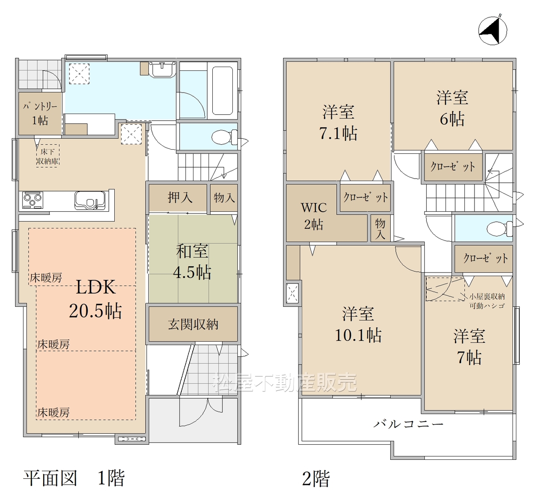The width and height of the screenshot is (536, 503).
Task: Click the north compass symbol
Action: [x=492, y=30]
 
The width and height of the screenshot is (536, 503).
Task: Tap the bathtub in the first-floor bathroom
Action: [x=222, y=91]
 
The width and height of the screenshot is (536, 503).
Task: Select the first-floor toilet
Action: [x=224, y=137]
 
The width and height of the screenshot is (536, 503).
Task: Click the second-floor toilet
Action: [x=500, y=229]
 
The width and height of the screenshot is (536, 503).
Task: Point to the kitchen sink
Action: [x=90, y=200]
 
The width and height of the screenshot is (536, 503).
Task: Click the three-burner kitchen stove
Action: [x=33, y=200]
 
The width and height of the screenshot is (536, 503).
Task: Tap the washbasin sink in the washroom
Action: [x=162, y=70]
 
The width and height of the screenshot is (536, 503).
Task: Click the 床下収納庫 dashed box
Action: [x=48, y=156]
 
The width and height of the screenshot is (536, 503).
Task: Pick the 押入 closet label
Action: [x=180, y=197]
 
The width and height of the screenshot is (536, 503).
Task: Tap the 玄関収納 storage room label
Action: [x=193, y=324]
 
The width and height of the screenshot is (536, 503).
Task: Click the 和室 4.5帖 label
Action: [x=192, y=262]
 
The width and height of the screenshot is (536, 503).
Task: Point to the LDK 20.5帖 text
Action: [x=95, y=299]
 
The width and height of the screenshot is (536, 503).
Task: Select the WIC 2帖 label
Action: [x=314, y=216]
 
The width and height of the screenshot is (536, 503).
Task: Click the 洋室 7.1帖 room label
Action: [x=338, y=122]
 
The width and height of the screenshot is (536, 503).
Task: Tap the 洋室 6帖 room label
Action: [x=452, y=108]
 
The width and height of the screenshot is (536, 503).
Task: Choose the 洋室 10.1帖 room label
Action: [x=358, y=324]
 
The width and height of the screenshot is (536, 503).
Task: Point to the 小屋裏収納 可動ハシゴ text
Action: [x=487, y=301]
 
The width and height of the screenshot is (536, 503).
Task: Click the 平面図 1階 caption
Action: [x=74, y=478]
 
